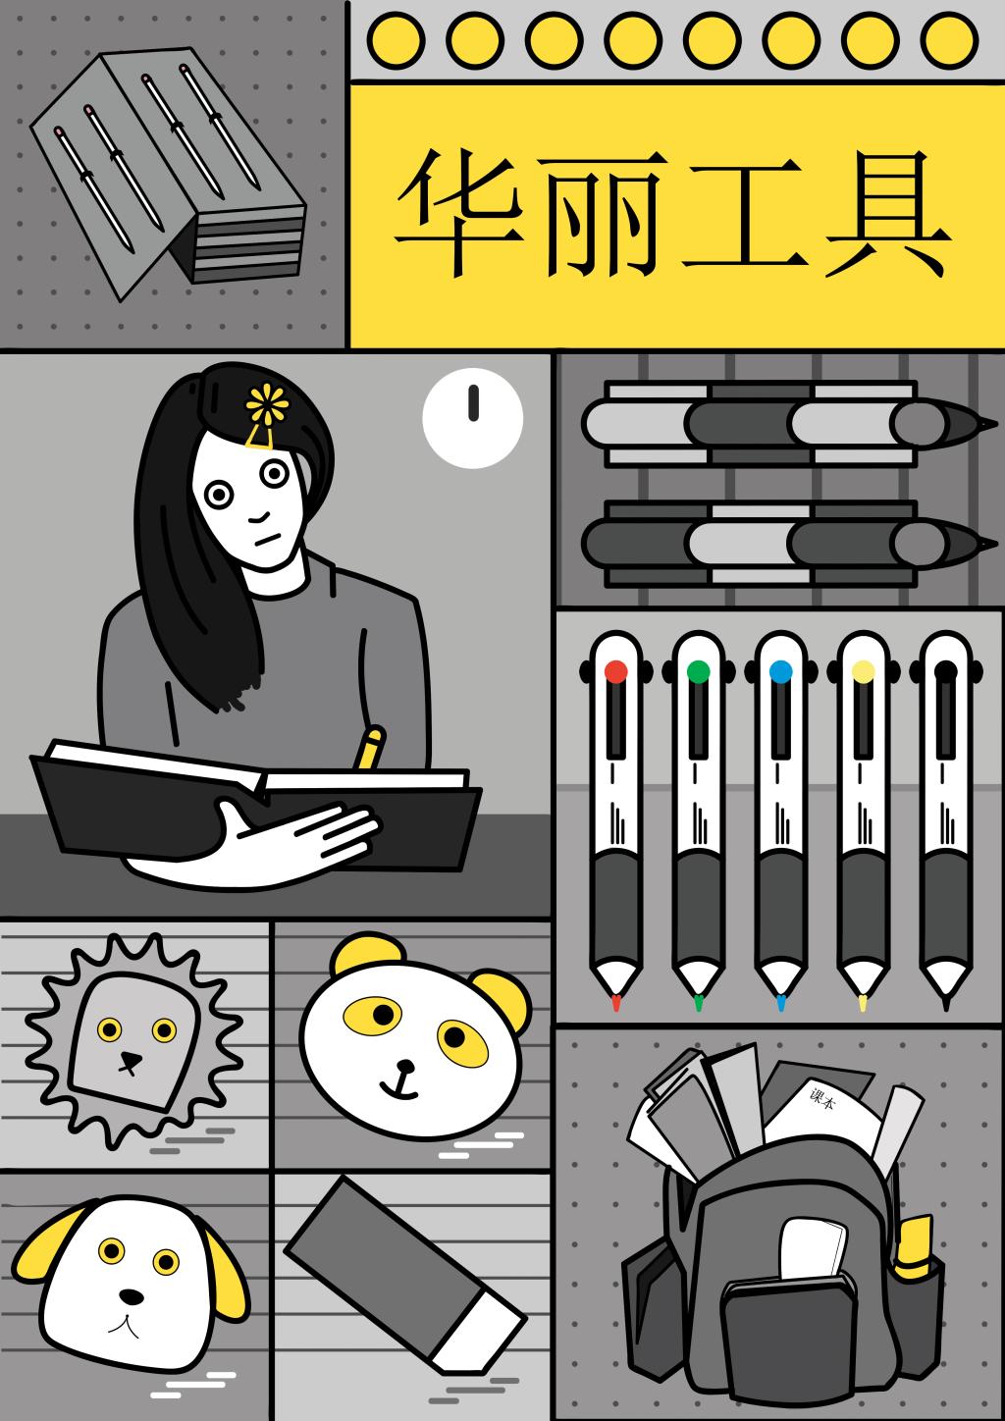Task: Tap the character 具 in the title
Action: click(x=887, y=214)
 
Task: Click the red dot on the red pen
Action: click(x=616, y=671)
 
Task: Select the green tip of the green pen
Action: click(x=699, y=1002)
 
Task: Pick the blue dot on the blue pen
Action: click(x=780, y=671)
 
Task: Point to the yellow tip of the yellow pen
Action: click(x=863, y=1002)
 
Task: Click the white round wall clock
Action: click(x=473, y=418)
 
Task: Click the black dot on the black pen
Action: click(x=945, y=671)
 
